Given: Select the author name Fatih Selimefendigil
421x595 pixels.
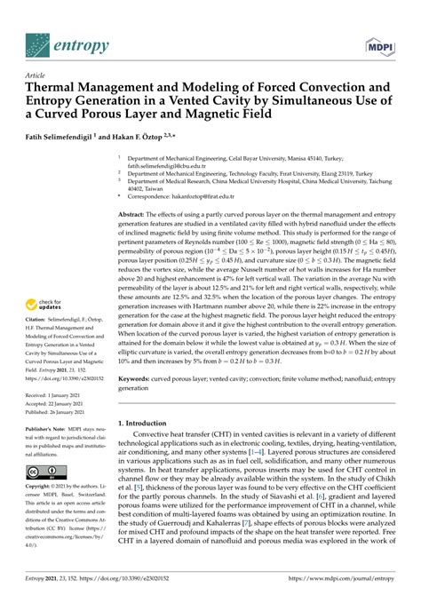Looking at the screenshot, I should (61, 138).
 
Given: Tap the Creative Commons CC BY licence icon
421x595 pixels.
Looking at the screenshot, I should (40, 497).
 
